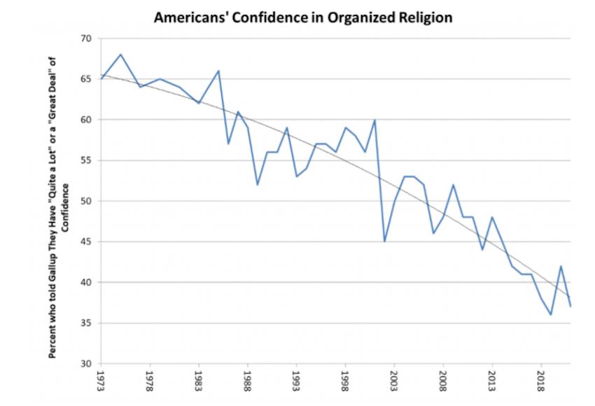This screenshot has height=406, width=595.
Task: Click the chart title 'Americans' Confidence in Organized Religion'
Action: click(303, 17)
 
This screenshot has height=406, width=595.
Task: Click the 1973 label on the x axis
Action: click(101, 381)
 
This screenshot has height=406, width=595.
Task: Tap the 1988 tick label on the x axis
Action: click(247, 381)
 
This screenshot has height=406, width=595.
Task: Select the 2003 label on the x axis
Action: click(394, 381)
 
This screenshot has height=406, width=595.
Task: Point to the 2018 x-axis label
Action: click(541, 381)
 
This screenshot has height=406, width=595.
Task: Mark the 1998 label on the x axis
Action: click(345, 381)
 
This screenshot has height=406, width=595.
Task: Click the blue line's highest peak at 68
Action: click(121, 55)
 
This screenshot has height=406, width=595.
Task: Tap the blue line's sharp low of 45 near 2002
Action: click(385, 241)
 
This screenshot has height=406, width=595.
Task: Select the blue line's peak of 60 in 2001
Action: click(375, 120)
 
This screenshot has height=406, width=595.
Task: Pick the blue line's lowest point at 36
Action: click(551, 315)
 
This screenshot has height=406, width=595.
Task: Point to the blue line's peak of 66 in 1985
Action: click(219, 71)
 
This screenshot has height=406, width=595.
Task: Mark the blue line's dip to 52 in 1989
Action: click(258, 185)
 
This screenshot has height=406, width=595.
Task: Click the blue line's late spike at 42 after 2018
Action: click(561, 266)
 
